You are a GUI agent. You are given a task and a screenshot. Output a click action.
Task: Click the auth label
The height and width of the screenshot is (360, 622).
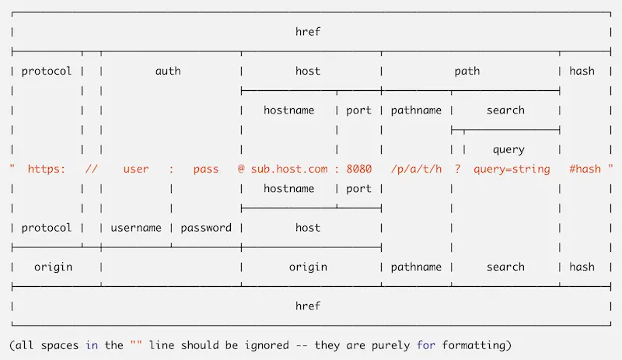click(x=168, y=71)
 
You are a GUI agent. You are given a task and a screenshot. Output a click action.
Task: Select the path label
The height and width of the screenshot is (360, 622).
click(x=467, y=71)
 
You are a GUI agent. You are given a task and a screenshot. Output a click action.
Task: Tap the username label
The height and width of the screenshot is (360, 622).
click(x=136, y=228)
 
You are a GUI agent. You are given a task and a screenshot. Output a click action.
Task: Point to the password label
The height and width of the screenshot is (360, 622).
click(x=206, y=228)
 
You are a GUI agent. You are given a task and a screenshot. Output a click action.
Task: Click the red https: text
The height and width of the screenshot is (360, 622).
click(x=47, y=169)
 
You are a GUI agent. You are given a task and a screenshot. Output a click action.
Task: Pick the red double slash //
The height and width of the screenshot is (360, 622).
click(x=91, y=169)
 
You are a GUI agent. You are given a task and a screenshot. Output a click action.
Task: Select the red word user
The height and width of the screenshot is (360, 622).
click(x=136, y=169)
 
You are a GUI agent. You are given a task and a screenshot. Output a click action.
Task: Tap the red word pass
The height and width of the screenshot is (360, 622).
click(x=206, y=169)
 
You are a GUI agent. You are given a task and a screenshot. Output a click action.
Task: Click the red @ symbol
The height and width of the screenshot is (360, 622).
click(x=241, y=169)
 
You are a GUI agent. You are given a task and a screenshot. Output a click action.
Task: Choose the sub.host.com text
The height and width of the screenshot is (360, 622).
click(x=289, y=169)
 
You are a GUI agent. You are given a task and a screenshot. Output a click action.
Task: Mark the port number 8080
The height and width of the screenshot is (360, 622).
click(x=359, y=169)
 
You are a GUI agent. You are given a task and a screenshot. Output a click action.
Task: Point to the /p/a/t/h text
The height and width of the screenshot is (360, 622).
click(x=417, y=169)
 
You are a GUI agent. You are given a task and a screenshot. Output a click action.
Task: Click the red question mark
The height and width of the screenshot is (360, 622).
click(x=458, y=169)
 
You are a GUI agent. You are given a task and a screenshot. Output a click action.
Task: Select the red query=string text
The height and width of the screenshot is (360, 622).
click(x=512, y=169)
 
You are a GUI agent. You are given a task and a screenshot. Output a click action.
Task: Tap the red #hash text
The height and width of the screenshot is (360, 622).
click(x=585, y=169)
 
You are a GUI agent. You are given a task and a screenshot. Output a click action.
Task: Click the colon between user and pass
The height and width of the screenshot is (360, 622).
click(x=171, y=169)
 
